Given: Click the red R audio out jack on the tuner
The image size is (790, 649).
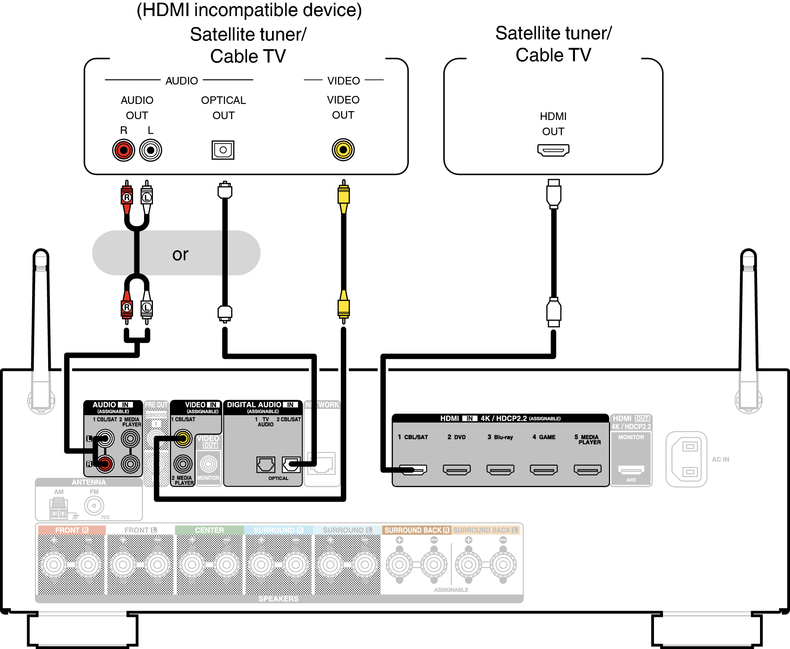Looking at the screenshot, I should pos(123,150).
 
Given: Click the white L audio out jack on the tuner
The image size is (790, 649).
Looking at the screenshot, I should pos(151,150).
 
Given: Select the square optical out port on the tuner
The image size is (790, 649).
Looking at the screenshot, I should pos(223,150).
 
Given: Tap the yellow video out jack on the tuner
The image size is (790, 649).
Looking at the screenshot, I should pos(343,150).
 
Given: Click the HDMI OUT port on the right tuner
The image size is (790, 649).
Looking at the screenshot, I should pos(553,150).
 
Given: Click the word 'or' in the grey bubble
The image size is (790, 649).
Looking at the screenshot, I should pos(180,254).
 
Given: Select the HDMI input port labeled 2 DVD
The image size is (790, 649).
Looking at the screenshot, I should pos(457,469).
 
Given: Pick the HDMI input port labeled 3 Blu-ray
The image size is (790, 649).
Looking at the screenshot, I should pos(500,469).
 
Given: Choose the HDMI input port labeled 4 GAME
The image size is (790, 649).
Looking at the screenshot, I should pos(544,469).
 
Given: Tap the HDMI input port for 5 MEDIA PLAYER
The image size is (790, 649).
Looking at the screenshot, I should pos(588,469).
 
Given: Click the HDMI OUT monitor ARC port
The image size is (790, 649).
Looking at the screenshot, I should pos(631,469).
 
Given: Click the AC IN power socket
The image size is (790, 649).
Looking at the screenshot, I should pos(686,459).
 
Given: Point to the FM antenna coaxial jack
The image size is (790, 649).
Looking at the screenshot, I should pos(94,505).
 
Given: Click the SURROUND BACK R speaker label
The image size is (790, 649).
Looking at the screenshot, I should pos(417,530).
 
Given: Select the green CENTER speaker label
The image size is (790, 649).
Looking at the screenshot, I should pos(209,530).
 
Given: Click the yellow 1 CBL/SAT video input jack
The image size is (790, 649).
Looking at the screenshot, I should pos(183,438).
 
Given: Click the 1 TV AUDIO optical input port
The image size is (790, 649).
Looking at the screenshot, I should pos(266,465).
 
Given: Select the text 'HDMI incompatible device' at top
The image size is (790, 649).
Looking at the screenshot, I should pos(249,10).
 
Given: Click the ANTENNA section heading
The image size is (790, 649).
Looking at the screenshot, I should pos(89,483).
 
